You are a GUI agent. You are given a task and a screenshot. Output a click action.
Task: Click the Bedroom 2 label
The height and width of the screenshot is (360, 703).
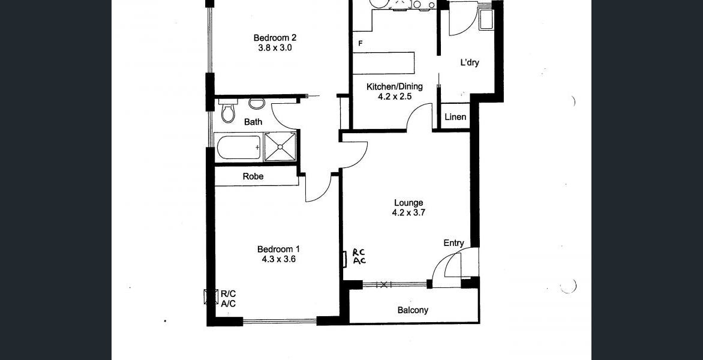275,38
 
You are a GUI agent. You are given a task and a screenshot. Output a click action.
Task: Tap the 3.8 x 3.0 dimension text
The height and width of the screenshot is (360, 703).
275,48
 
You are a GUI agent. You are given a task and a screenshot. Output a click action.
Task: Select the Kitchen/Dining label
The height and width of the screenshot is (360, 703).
395,86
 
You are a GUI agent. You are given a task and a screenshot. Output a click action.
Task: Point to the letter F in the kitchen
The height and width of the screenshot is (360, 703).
360,43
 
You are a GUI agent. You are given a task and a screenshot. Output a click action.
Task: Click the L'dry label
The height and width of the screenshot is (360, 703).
470,62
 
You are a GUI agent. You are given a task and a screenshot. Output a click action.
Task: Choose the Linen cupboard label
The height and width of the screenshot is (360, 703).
455,117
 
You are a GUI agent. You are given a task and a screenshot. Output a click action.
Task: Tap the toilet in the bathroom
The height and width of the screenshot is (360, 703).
228,111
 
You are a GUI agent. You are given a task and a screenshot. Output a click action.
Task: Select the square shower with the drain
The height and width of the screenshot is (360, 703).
280,146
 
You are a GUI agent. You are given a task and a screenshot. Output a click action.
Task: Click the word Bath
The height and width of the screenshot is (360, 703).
253,121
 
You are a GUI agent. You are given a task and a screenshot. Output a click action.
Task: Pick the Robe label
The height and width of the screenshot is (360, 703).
253,176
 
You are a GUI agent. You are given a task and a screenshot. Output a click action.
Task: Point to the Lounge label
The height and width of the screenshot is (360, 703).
408,203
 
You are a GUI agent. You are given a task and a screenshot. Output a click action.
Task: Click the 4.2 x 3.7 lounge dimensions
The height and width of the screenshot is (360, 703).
408,213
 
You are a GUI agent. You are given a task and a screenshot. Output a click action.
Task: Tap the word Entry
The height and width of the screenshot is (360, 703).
453,243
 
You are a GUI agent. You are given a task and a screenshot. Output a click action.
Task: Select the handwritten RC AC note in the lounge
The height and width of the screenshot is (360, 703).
359,256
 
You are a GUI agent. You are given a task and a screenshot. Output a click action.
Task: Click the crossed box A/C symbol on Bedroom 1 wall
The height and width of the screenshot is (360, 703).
211,297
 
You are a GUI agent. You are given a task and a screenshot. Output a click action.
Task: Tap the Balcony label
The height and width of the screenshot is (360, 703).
413,310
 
